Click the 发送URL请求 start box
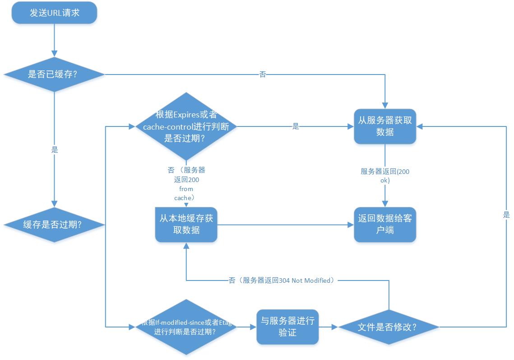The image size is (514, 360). click(54, 13)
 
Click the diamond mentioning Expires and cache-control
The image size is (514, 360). click(186, 127)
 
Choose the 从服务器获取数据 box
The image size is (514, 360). click(384, 126)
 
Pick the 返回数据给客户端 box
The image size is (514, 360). click(384, 224)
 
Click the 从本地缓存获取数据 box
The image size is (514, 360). click(186, 224)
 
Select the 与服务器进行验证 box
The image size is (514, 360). click(287, 327)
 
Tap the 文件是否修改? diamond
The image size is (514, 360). click(388, 327)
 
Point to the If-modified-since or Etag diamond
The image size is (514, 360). click(186, 327)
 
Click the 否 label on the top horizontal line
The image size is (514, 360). click(263, 75)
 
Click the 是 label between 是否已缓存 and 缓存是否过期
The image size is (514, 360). click(55, 150)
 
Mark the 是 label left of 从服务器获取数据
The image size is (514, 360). click(296, 127)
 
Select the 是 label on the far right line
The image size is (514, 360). click(506, 215)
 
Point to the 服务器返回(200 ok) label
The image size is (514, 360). click(384, 176)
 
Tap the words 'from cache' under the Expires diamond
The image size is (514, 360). click(185, 193)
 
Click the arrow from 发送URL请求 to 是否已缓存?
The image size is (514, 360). click(54, 41)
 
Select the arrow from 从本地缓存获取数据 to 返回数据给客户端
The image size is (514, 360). click(284, 224)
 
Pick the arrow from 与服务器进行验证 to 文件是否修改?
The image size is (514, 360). click(329, 327)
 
